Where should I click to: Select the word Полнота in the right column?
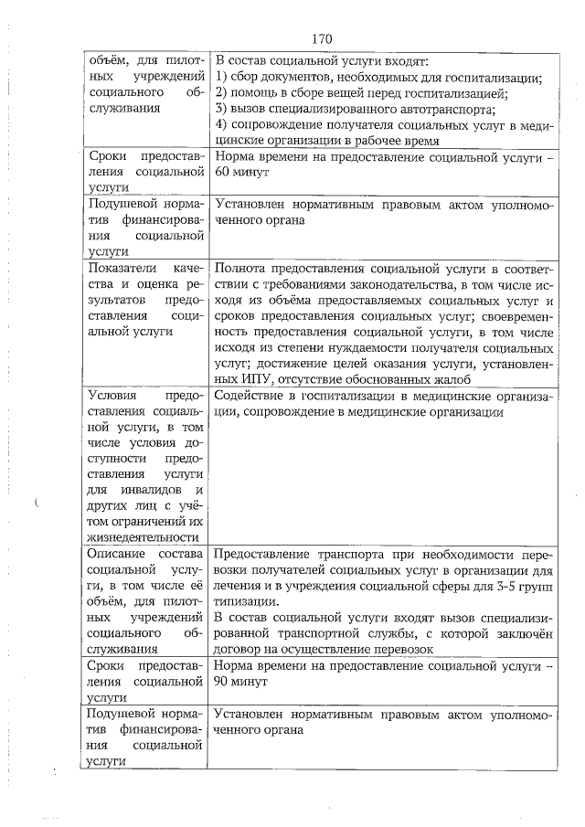click(x=242, y=268)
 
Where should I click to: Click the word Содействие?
click(x=254, y=396)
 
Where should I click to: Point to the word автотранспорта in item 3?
click(x=443, y=109)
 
